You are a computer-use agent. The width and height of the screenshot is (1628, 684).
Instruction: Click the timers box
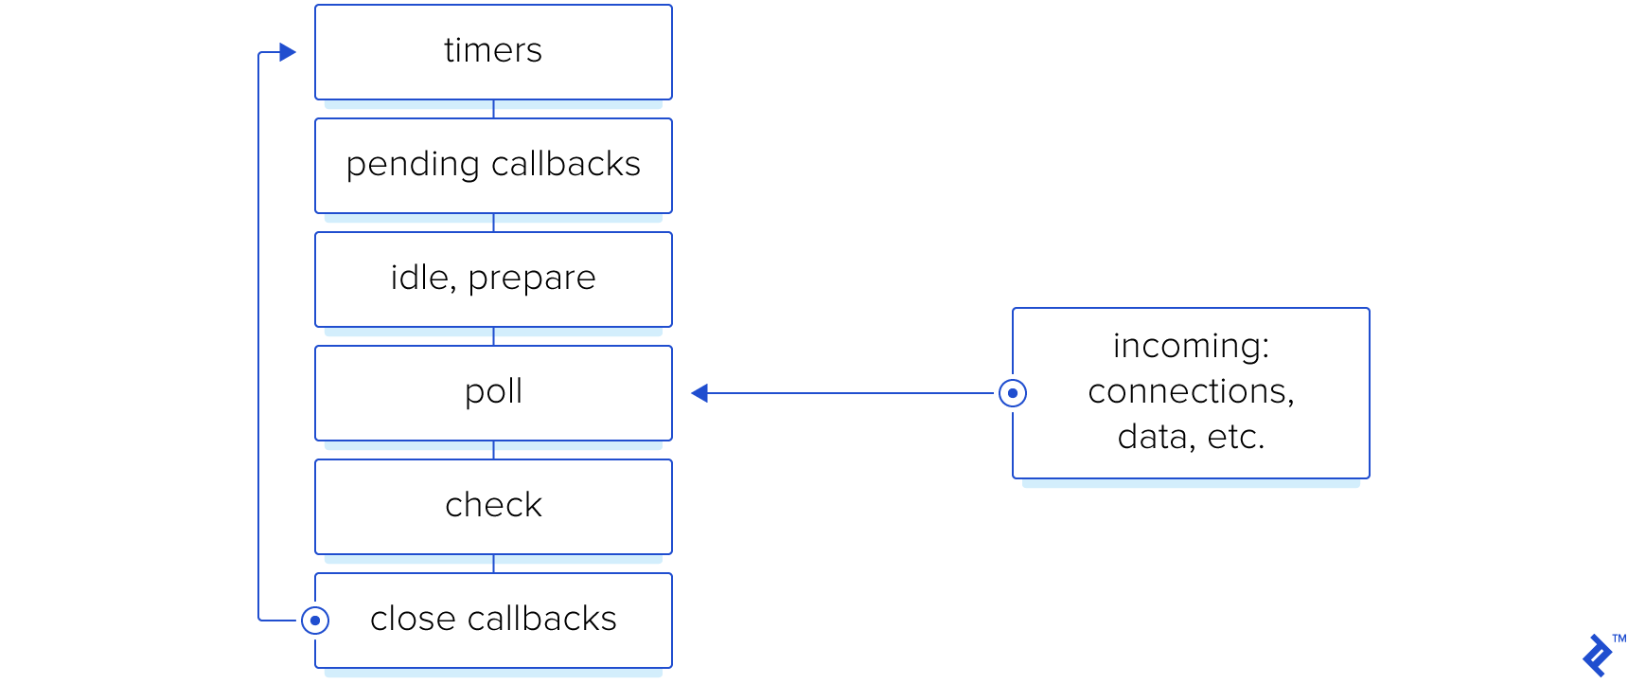click(x=493, y=52)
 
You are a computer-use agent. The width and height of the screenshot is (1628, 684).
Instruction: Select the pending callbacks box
click(x=493, y=166)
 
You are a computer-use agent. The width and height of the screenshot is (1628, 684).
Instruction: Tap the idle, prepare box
click(x=493, y=279)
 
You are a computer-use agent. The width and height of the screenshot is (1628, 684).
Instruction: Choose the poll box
click(x=493, y=393)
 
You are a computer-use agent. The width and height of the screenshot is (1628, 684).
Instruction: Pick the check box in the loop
click(x=493, y=507)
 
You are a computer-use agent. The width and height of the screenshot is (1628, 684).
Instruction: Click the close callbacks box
click(x=493, y=621)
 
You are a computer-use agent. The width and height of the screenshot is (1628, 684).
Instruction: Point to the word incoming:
click(x=1191, y=347)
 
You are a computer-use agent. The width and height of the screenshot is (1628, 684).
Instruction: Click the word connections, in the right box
click(x=1191, y=392)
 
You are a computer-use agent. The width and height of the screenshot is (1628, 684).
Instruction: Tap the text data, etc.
click(x=1191, y=438)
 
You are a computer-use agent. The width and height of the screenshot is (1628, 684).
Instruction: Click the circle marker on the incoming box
click(x=1013, y=393)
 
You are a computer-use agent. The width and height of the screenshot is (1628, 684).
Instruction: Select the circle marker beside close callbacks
click(x=315, y=621)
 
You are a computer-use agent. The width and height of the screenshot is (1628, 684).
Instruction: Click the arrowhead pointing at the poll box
click(x=699, y=393)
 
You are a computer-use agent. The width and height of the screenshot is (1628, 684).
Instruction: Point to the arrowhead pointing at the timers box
click(x=288, y=52)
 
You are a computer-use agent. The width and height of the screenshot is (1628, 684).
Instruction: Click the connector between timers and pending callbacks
click(x=493, y=109)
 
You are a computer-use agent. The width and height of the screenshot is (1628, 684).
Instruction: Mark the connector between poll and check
click(x=493, y=450)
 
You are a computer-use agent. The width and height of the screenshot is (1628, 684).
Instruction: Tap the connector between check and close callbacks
click(x=493, y=564)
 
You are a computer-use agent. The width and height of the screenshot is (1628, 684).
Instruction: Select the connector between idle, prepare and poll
click(x=493, y=336)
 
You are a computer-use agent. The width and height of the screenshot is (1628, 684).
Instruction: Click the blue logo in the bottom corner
click(x=1599, y=656)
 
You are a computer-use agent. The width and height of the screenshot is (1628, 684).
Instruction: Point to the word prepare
click(x=532, y=279)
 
